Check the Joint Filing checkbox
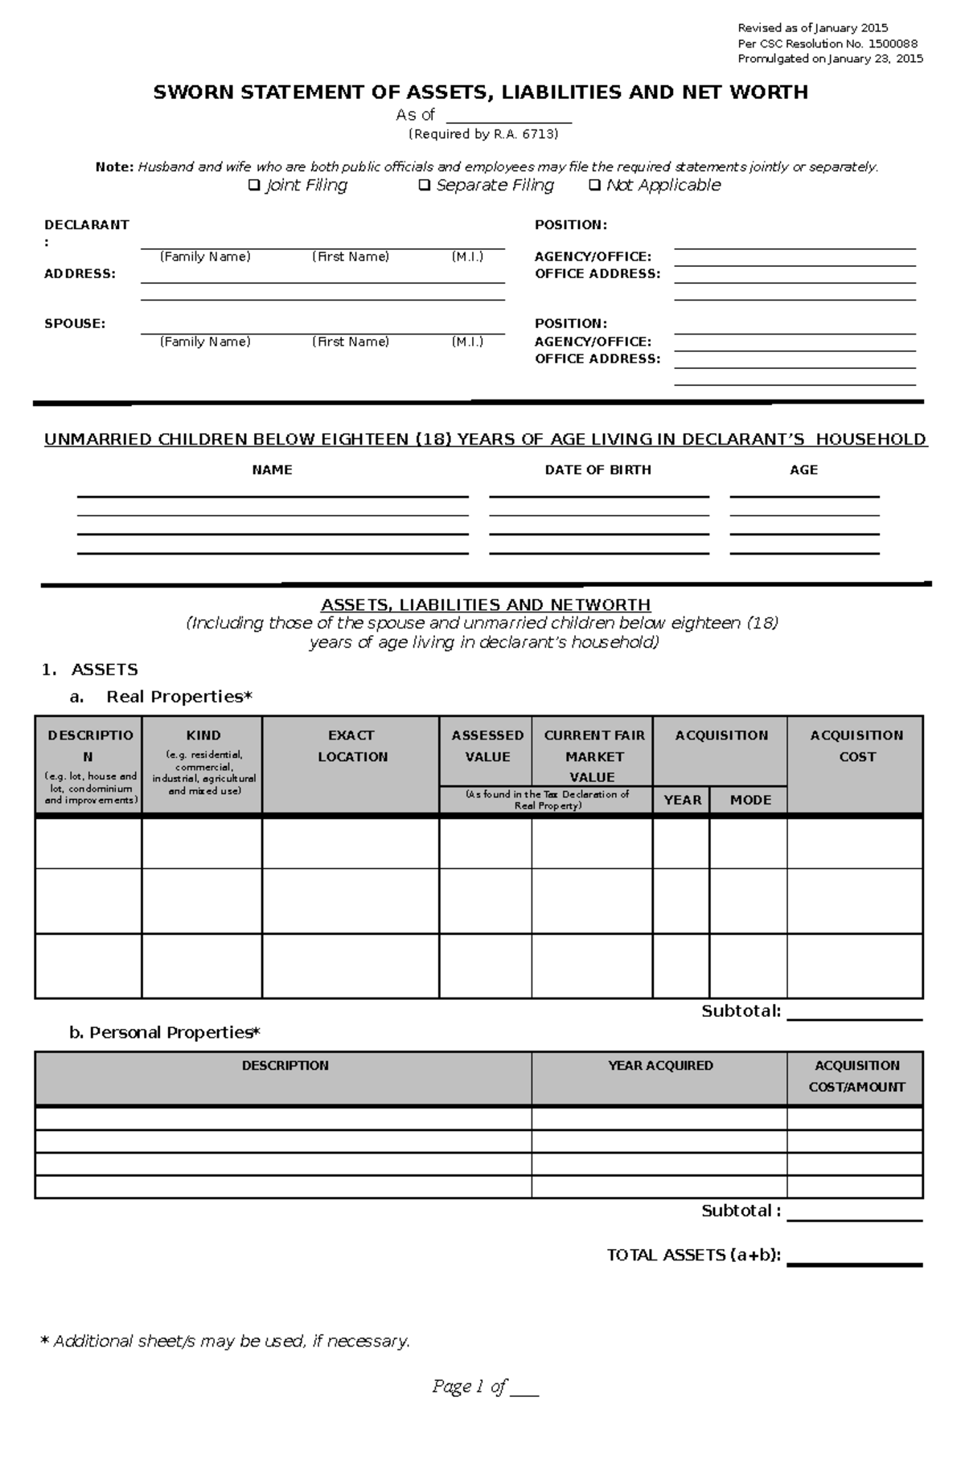pos(254,186)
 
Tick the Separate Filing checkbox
pos(425,186)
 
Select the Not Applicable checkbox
pos(594,186)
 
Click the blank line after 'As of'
pos(508,117)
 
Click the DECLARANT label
pos(86,225)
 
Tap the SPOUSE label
pos(75,324)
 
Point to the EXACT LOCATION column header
pos(351,746)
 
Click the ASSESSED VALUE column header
pos(487,746)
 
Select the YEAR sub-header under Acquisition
pos(682,800)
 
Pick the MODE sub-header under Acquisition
pos(750,800)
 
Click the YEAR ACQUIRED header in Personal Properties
pos(660,1066)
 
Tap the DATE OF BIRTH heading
pos(597,470)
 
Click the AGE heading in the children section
pos(803,470)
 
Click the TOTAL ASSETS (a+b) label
pos(694,1256)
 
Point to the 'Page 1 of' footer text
pos(470,1387)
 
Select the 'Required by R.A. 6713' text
pos(482,134)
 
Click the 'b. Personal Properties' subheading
pos(165,1033)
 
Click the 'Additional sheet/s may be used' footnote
pos(225,1342)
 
